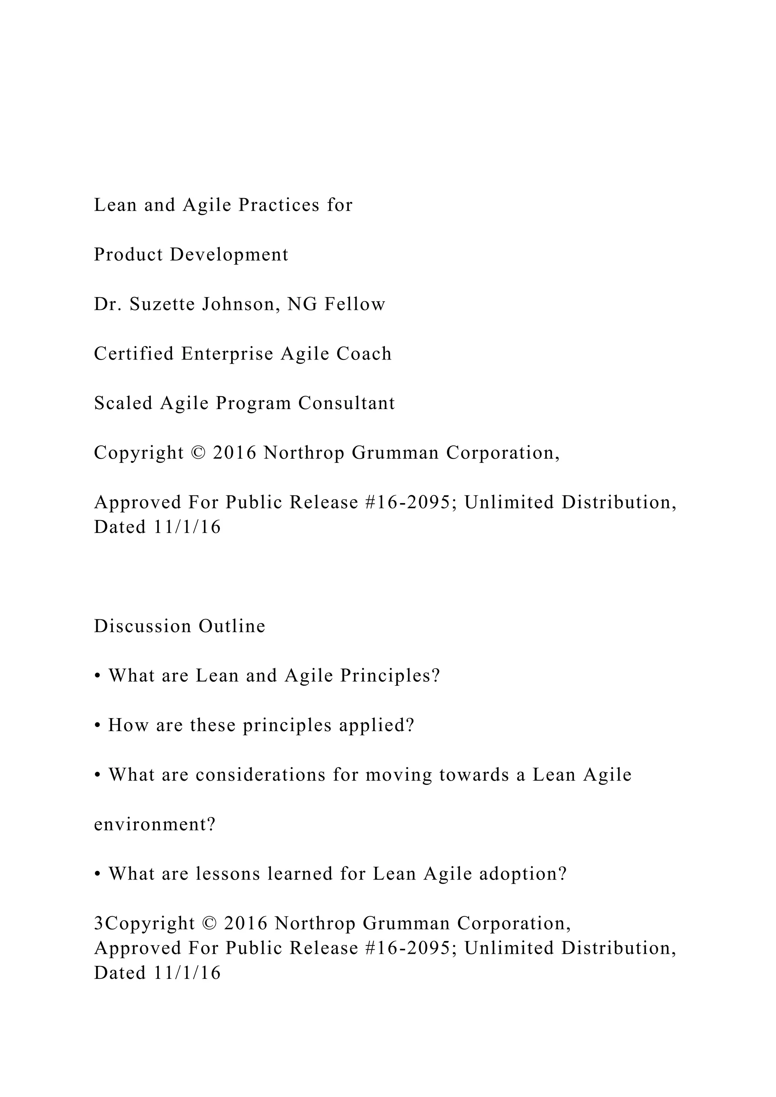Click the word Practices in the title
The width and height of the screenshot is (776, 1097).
point(279,205)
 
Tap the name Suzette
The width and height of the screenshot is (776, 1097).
point(161,304)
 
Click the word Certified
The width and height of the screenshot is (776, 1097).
point(134,354)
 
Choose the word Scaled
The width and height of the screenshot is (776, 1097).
point(122,403)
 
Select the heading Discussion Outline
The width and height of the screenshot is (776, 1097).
point(180,627)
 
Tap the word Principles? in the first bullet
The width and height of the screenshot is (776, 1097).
point(390,676)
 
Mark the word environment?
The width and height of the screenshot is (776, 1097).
point(155,825)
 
